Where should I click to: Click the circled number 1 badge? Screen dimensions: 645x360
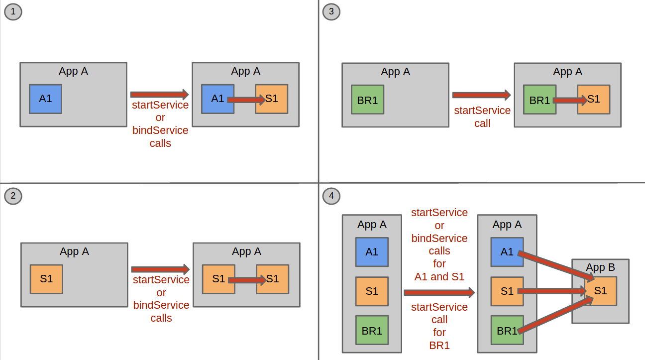13,12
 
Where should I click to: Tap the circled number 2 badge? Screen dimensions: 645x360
13,196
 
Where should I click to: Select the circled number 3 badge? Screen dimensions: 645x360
331,12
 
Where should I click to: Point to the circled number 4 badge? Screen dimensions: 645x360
331,196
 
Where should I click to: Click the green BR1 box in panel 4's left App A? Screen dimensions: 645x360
372,330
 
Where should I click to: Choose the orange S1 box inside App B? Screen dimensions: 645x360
600,291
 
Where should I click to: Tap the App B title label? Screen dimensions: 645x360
600,267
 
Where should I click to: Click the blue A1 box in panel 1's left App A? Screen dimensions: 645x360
45,99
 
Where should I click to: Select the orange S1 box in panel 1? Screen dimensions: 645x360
271,99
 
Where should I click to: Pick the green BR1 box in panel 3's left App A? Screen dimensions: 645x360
367,100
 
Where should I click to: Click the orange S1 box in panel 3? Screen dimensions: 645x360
593,100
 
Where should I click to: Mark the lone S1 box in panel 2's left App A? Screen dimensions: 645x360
46,279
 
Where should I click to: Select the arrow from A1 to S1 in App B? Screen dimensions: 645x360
556,266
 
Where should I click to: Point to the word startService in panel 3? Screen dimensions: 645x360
482,111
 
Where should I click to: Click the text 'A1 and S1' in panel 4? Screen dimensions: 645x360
439,277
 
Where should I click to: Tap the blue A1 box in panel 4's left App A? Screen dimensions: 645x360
372,252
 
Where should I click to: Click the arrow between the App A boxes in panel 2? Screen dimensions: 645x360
160,269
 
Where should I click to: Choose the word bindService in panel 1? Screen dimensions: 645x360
160,130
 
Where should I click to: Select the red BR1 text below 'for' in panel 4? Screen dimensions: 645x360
439,346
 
